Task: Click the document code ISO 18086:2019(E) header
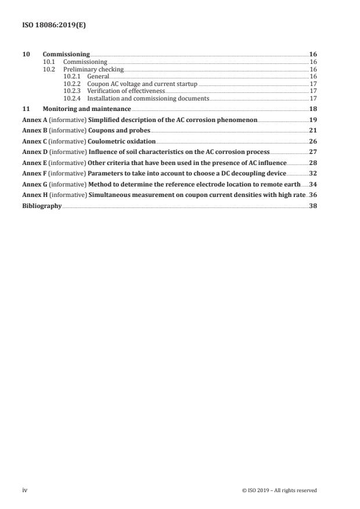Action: click(x=46, y=26)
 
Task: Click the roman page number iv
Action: click(x=25, y=490)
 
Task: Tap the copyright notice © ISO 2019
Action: click(x=279, y=490)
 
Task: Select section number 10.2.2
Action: click(x=72, y=84)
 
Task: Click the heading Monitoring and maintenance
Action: click(x=87, y=109)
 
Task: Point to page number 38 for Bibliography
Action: click(x=313, y=206)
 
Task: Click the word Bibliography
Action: click(x=41, y=206)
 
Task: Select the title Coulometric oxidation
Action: click(x=122, y=141)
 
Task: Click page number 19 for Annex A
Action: click(x=313, y=119)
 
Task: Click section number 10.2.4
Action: click(x=72, y=98)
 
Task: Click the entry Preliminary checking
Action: click(x=85, y=69)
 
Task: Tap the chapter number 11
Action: click(x=25, y=109)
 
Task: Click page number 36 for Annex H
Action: click(x=313, y=195)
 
